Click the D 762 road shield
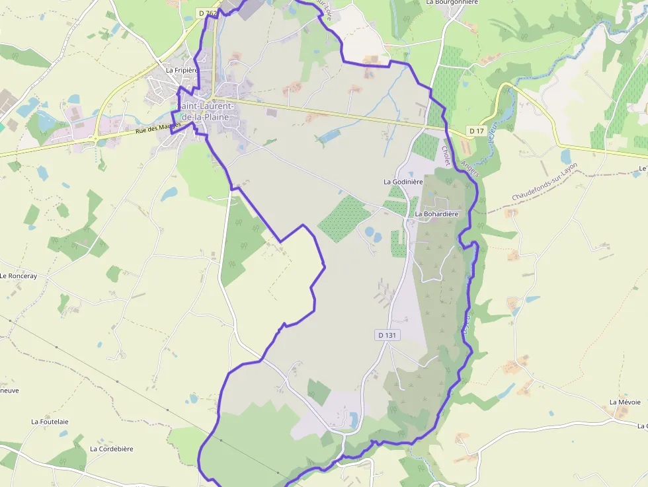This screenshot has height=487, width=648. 208,13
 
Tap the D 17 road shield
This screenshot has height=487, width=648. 476,131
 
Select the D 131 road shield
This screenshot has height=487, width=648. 387,335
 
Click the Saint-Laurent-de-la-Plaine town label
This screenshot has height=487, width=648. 206,112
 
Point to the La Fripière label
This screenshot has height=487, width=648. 182,70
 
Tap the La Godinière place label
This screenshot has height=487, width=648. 403,181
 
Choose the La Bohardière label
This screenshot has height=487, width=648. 436,214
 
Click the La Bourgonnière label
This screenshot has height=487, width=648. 452,3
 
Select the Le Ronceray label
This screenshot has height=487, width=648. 19,276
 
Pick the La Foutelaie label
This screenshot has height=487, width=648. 50,422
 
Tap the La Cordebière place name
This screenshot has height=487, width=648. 112,449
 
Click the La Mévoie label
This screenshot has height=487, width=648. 625,402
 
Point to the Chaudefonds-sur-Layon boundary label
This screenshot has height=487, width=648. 544,182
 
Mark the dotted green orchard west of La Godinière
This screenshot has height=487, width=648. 344,219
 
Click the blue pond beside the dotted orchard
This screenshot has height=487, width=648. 369,233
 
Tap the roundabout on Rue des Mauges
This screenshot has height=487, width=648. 98,141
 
